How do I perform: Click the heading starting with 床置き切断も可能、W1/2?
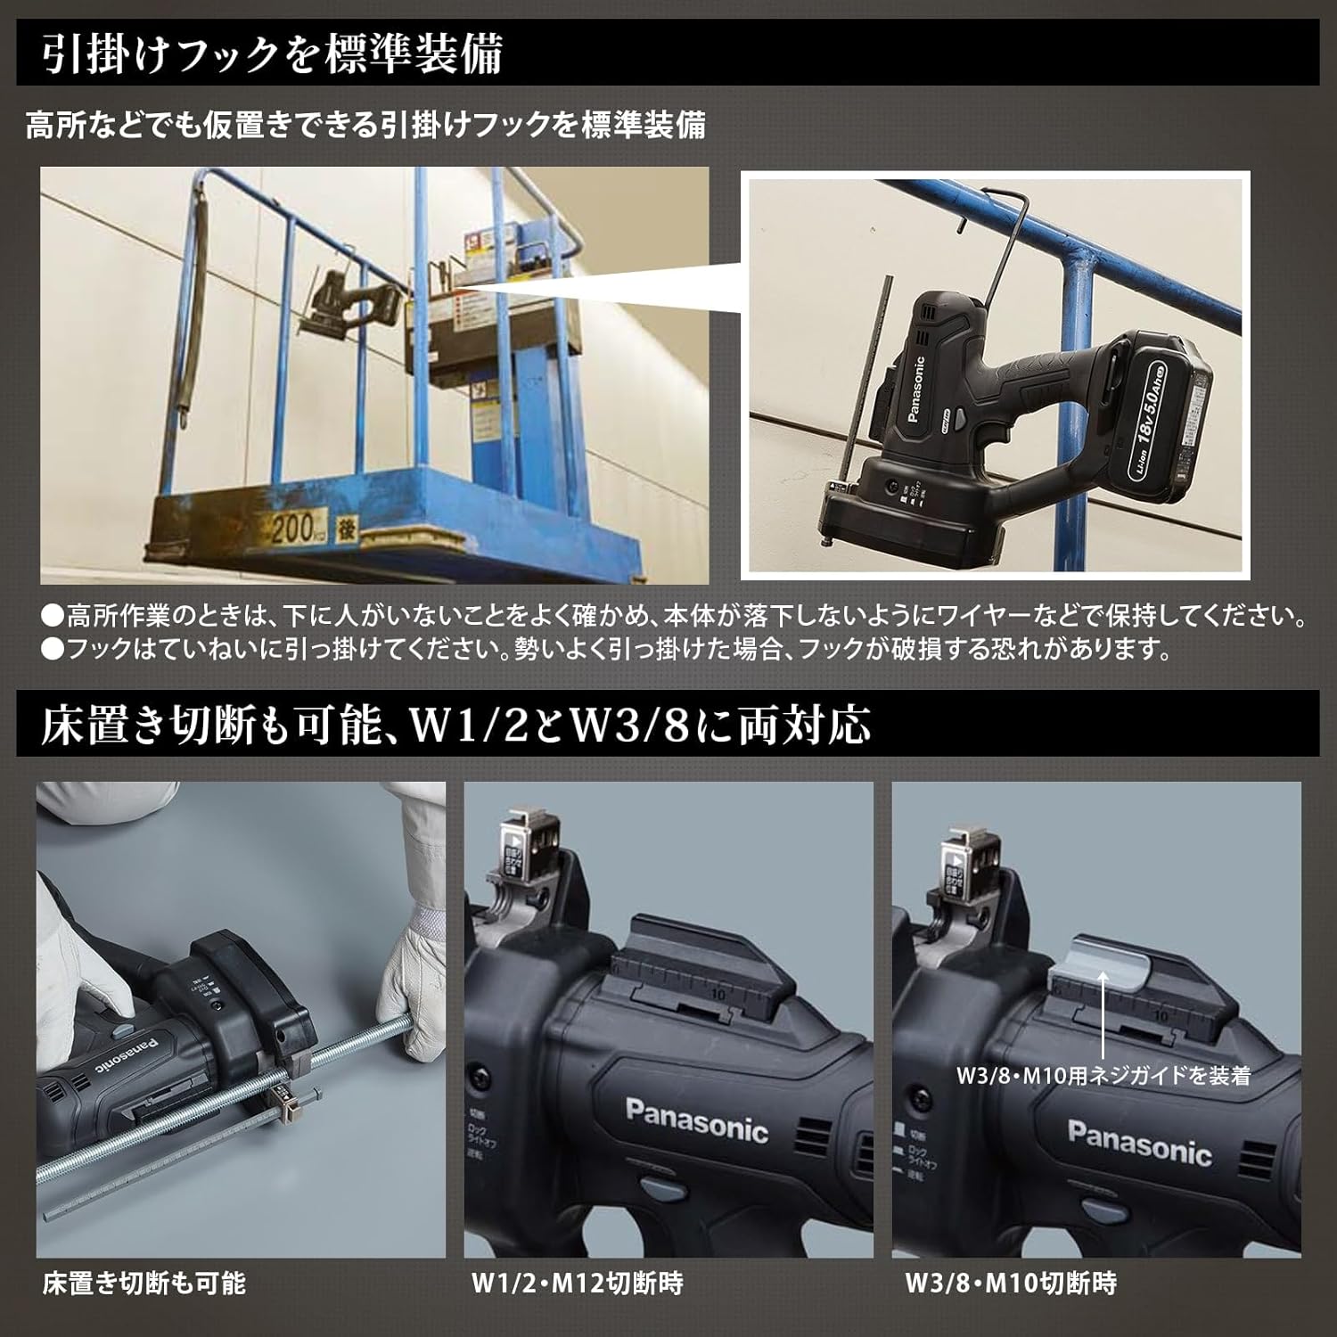pyautogui.click(x=455, y=726)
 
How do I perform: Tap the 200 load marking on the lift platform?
pyautogui.click(x=291, y=530)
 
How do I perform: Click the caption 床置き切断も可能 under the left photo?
pyautogui.click(x=144, y=1284)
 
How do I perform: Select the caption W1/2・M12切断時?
pyautogui.click(x=577, y=1284)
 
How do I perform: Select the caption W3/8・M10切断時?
pyautogui.click(x=1011, y=1284)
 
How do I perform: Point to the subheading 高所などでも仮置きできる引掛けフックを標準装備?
pyautogui.click(x=365, y=125)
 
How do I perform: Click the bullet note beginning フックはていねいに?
pyautogui.click(x=606, y=648)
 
